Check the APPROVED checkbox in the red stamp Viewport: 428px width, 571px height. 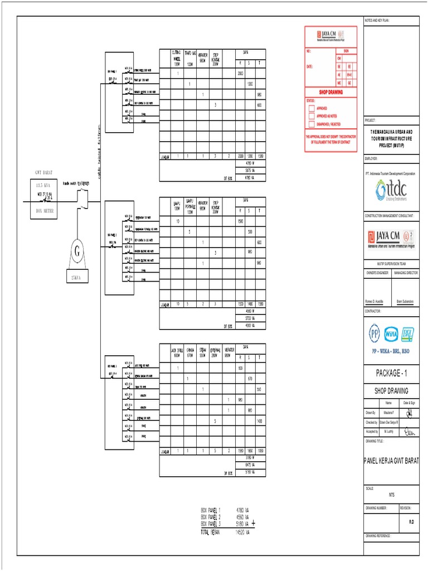(x=312, y=108)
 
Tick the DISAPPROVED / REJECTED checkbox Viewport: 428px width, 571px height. (x=312, y=124)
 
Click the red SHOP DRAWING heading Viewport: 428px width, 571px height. (x=330, y=92)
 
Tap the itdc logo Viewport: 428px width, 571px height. (x=391, y=190)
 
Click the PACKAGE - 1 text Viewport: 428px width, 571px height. (x=391, y=372)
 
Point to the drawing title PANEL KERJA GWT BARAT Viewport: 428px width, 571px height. (x=391, y=460)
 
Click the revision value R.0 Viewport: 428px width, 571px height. (x=411, y=522)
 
